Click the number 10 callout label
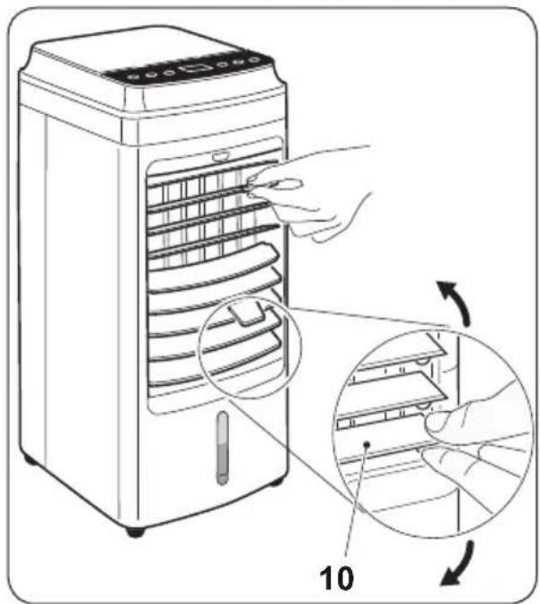click(336, 578)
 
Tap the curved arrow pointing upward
click(456, 301)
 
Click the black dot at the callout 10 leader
click(367, 444)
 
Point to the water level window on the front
click(222, 449)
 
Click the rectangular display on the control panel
click(196, 68)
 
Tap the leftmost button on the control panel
click(134, 77)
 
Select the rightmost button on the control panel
click(253, 60)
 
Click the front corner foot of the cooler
click(135, 532)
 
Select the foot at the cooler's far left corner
click(28, 459)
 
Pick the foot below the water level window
click(275, 481)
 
